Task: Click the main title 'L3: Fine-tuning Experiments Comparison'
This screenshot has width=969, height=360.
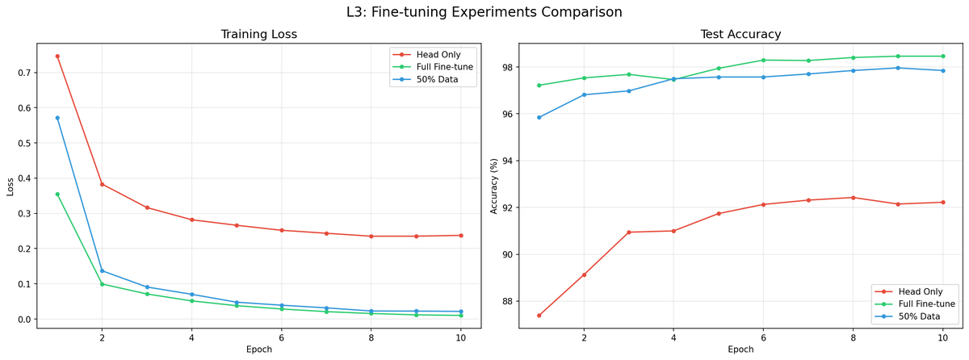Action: pyautogui.click(x=484, y=12)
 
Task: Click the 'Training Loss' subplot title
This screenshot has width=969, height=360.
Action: pyautogui.click(x=258, y=35)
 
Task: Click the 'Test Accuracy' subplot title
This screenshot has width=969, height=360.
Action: pyautogui.click(x=740, y=35)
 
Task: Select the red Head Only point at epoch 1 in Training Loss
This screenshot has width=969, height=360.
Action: pyautogui.click(x=57, y=57)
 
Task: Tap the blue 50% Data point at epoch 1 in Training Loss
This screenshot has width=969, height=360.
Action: pyautogui.click(x=57, y=118)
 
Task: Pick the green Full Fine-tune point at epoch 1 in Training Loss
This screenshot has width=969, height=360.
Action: pyautogui.click(x=57, y=194)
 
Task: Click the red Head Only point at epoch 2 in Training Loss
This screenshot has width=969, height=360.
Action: pyautogui.click(x=102, y=184)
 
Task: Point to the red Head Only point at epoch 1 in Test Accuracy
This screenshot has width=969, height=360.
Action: pyautogui.click(x=539, y=316)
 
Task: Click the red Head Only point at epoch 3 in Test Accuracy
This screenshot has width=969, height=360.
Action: pyautogui.click(x=628, y=232)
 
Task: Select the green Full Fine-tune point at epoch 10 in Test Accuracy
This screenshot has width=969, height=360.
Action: pyautogui.click(x=942, y=57)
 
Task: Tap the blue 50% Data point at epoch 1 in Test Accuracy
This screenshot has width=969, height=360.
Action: pyautogui.click(x=539, y=117)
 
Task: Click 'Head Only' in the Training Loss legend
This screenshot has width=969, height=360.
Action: pyautogui.click(x=438, y=55)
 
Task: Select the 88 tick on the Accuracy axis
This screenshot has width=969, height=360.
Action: pyautogui.click(x=507, y=302)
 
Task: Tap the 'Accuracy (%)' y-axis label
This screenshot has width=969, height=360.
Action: pyautogui.click(x=494, y=186)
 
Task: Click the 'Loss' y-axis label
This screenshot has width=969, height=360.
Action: pyautogui.click(x=10, y=186)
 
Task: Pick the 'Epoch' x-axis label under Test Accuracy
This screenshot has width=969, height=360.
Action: pyautogui.click(x=740, y=350)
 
